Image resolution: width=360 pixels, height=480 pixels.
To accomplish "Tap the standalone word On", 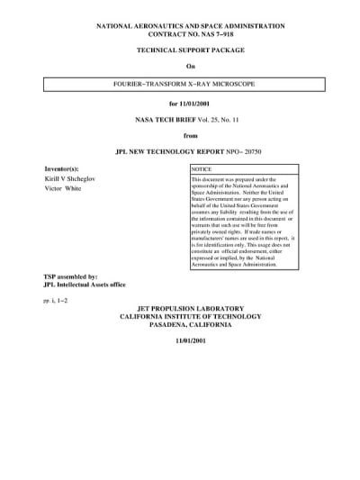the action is click(x=190, y=68).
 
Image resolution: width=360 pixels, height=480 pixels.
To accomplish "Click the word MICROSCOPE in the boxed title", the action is click(x=229, y=84).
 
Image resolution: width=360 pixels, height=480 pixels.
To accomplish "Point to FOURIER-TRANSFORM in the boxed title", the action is click(x=147, y=84).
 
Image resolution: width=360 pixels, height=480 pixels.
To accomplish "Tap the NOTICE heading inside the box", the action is click(x=202, y=169).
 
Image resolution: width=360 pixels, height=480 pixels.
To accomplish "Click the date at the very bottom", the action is click(x=190, y=343).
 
